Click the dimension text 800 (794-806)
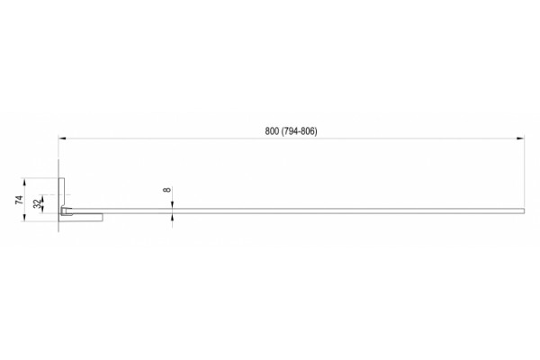click(291, 131)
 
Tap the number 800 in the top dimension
click(272, 131)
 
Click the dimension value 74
click(19, 200)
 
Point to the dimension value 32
click(37, 204)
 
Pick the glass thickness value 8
click(167, 190)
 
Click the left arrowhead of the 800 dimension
click(62, 139)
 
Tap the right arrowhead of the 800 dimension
click(521, 139)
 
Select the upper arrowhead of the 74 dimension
click(24, 182)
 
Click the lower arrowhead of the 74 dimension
click(24, 218)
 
